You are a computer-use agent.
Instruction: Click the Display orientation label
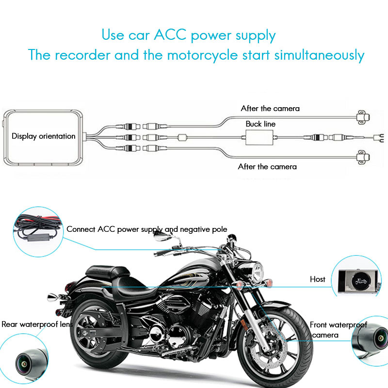point(44,136)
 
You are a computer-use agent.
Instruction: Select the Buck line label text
point(260,124)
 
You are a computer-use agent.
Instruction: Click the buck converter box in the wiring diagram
point(261,138)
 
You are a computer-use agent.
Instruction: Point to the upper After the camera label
point(270,108)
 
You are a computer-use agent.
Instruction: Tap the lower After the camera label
point(267,166)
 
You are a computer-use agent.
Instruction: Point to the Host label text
point(318,279)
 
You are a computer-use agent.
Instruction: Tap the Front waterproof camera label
point(339,330)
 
